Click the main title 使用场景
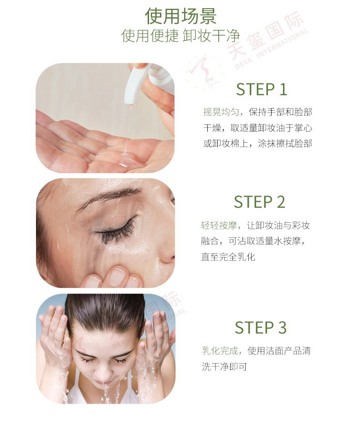pos(180,15)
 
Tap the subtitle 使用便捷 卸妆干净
pos(181,36)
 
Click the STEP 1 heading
pos(262,89)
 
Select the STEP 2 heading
pos(259,202)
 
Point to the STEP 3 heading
pos(261,327)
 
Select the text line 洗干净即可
pos(224,366)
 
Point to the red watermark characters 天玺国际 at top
pos(265,35)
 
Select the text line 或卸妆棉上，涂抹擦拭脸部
pos(257,143)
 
